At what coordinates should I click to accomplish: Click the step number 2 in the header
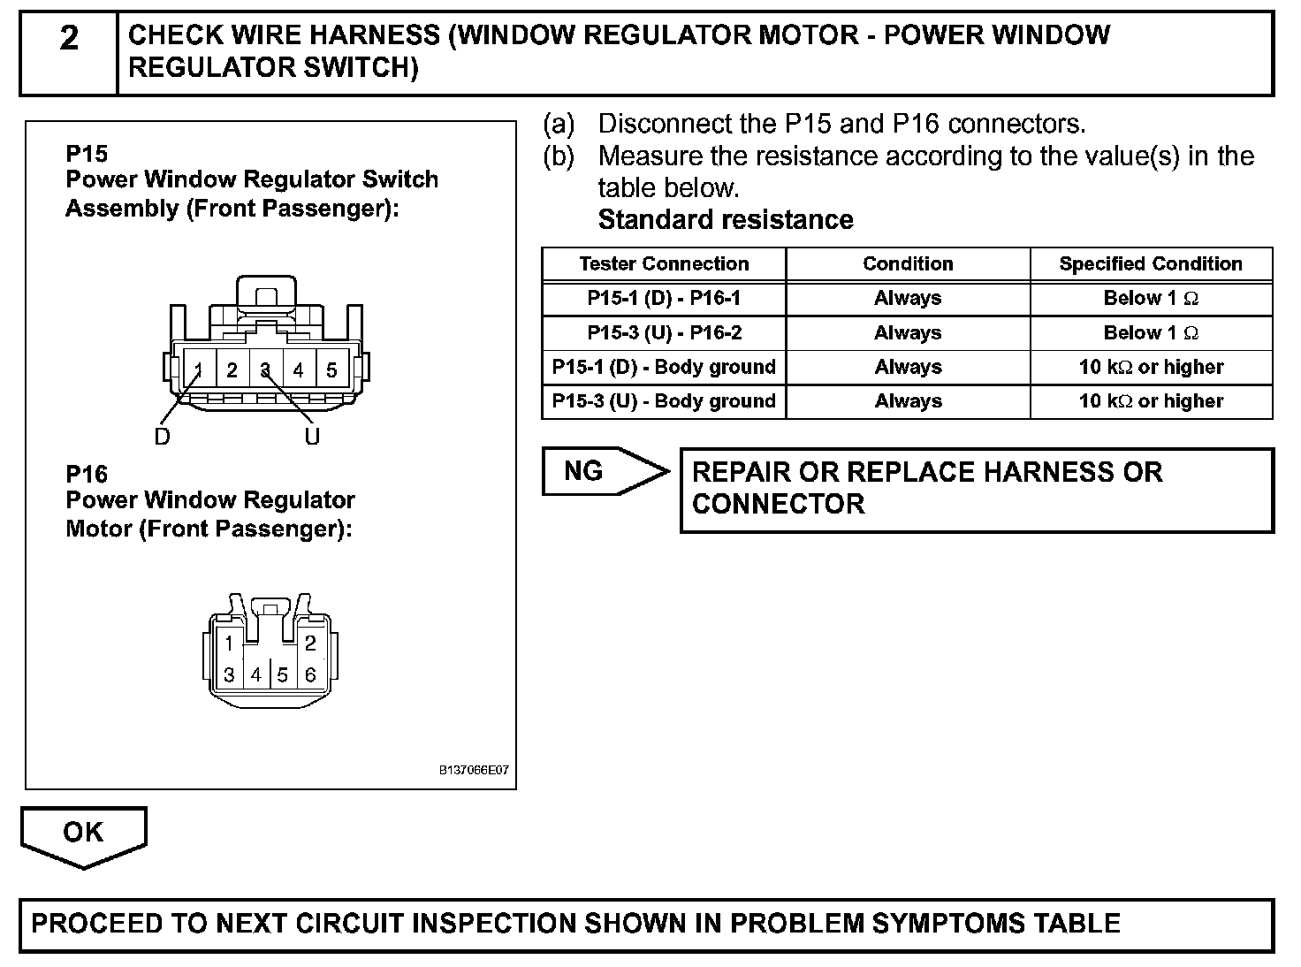tap(69, 39)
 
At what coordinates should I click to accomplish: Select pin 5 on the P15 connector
tap(331, 370)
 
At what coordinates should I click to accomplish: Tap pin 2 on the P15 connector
tap(232, 370)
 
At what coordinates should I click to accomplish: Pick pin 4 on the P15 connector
tap(298, 370)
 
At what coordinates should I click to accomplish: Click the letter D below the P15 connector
tap(163, 437)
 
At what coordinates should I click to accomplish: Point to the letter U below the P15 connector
tap(312, 437)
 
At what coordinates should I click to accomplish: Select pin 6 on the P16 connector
tap(310, 675)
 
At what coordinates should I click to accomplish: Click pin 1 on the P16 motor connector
tap(229, 643)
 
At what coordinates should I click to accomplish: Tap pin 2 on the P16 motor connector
tap(310, 643)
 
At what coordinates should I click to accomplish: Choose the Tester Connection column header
tap(664, 264)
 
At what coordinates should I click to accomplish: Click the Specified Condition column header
tap(1151, 264)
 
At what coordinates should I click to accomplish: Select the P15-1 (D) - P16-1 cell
tap(664, 299)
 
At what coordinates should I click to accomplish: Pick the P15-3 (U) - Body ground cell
tap(664, 401)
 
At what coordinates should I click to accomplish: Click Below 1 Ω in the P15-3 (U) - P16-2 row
tap(1151, 333)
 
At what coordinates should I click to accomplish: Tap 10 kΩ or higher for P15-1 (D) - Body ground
tap(1151, 367)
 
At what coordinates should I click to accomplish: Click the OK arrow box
tap(83, 834)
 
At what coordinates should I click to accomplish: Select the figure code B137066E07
tap(474, 771)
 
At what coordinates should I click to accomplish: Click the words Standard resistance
tap(726, 220)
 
